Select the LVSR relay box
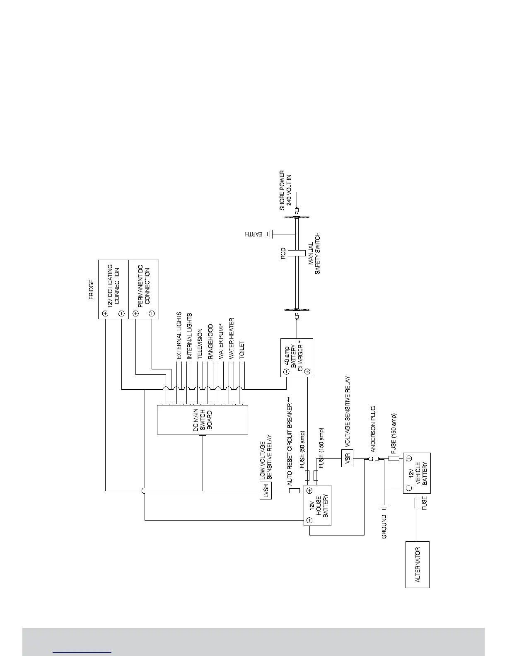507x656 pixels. [266, 491]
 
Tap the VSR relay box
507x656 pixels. [348, 458]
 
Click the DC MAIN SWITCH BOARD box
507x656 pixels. [202, 420]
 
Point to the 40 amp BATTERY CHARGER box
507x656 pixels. [297, 357]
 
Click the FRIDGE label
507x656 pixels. [91, 289]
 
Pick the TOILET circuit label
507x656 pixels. [242, 350]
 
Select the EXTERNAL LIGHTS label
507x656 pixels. [179, 335]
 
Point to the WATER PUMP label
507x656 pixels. [221, 341]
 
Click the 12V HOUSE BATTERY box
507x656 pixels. [318, 505]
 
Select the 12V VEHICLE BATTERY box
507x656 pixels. [417, 473]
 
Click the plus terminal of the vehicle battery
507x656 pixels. [408, 458]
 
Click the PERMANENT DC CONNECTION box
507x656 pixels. [144, 289]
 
